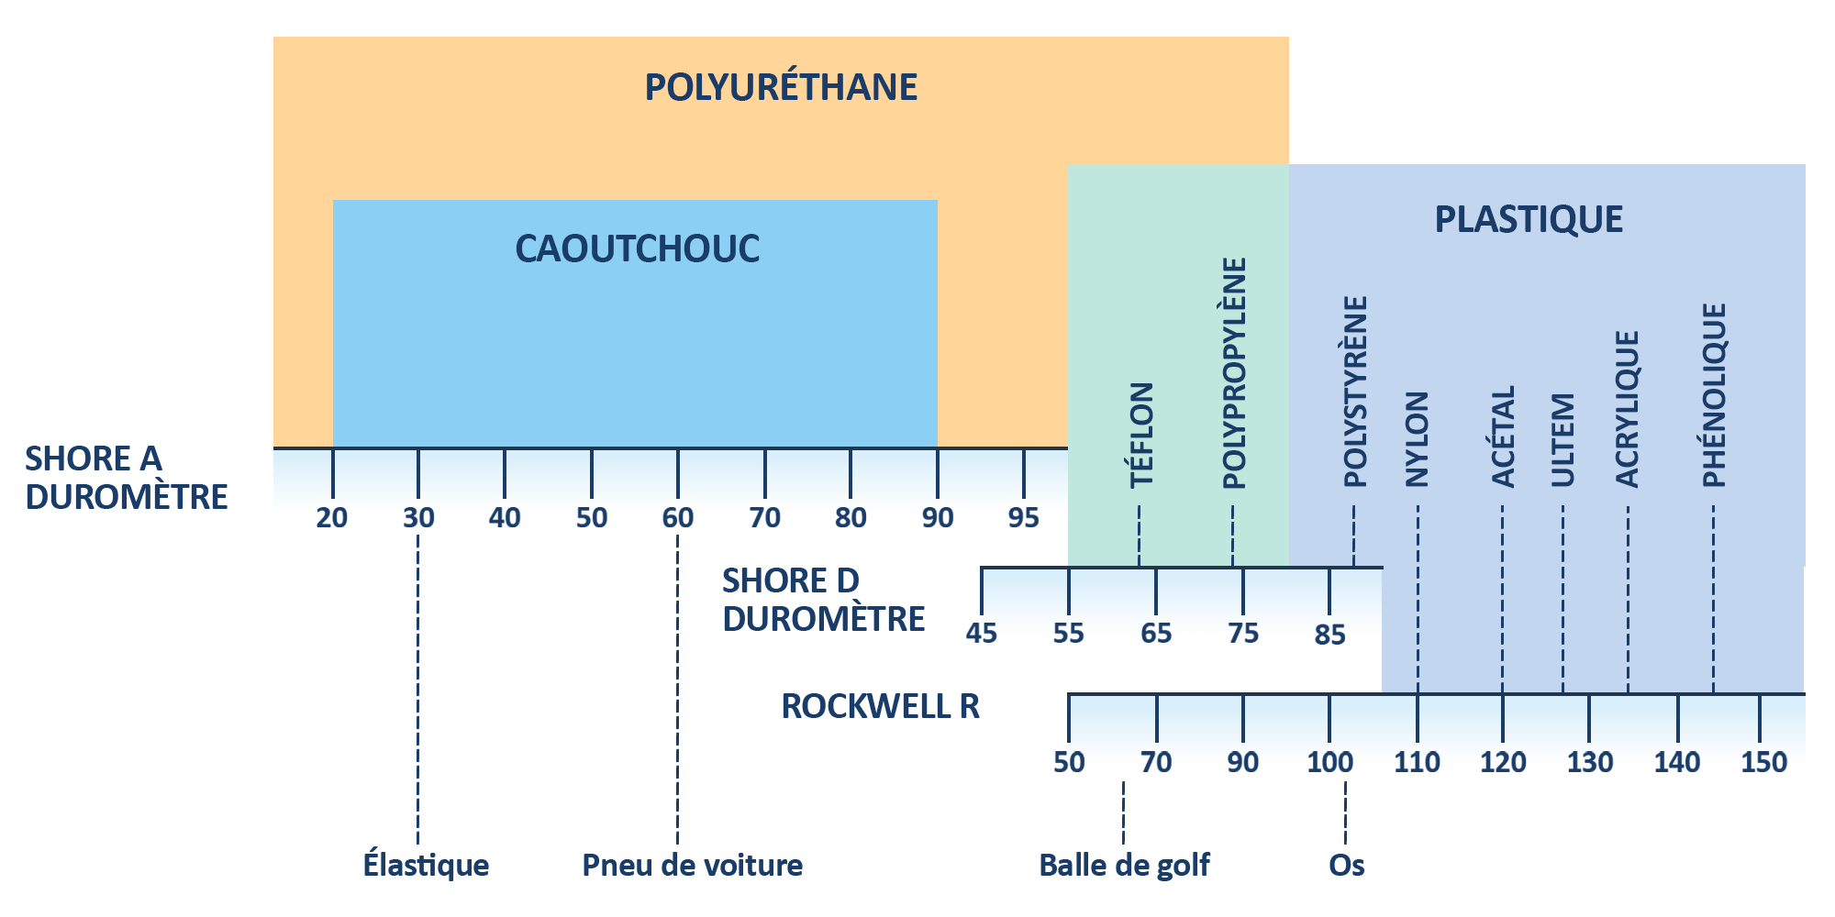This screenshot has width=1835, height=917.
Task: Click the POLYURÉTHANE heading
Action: click(x=781, y=87)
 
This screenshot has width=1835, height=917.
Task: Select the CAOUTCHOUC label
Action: click(x=637, y=249)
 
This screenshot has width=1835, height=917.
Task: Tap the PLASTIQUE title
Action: click(x=1529, y=219)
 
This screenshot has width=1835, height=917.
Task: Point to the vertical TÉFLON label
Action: click(x=1140, y=435)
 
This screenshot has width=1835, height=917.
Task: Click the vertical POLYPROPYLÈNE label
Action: click(x=1234, y=372)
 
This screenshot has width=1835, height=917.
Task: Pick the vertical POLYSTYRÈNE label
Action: click(x=1355, y=391)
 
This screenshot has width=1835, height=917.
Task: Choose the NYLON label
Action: click(x=1418, y=439)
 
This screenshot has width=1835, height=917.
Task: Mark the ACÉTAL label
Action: click(x=1503, y=436)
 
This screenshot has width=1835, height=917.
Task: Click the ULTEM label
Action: click(x=1563, y=440)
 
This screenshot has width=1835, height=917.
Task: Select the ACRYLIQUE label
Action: click(x=1627, y=409)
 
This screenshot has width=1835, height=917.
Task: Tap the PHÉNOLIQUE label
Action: click(x=1714, y=394)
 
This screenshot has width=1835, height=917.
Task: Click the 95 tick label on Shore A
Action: click(x=1024, y=518)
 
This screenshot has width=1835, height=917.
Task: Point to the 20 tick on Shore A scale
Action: click(x=332, y=518)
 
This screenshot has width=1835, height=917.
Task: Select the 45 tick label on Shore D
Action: click(x=982, y=634)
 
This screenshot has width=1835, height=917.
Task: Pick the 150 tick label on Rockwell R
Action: click(x=1763, y=762)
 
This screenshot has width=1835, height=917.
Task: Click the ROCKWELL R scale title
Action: click(x=880, y=706)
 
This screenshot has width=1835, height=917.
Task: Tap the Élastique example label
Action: click(x=426, y=865)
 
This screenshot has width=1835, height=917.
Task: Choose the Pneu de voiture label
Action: click(x=692, y=865)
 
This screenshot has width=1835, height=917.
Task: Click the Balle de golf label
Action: click(x=1124, y=865)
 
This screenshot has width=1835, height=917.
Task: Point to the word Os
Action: click(x=1346, y=865)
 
